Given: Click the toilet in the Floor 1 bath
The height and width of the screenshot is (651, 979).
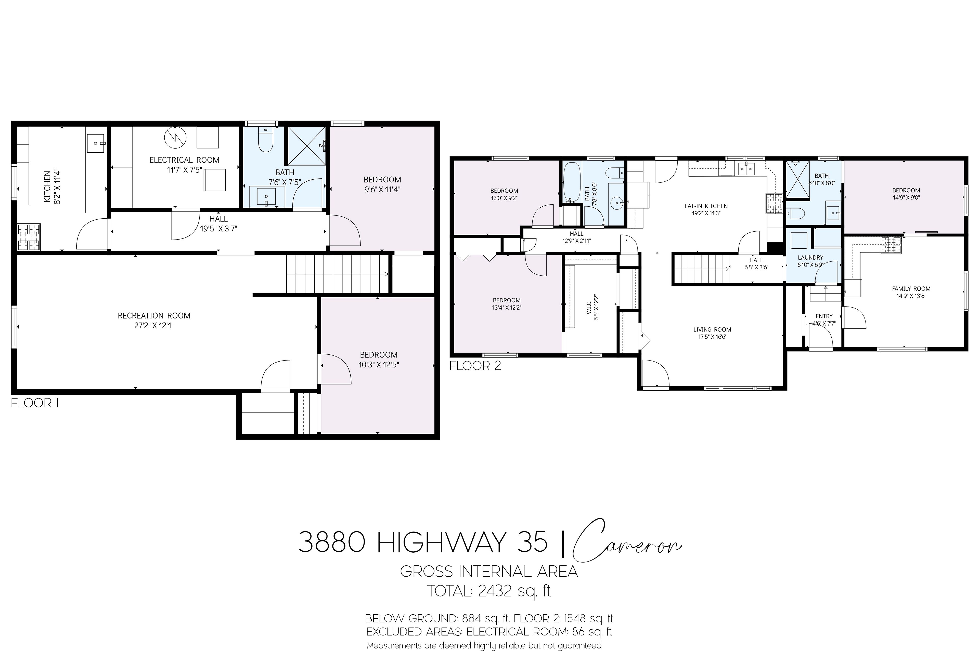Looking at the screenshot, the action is tap(265, 140).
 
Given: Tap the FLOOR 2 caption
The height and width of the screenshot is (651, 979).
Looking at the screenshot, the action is tap(475, 366).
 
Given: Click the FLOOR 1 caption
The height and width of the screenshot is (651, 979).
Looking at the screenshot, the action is tap(35, 403).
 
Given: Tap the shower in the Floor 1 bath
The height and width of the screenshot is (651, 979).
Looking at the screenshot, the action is tap(306, 146).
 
